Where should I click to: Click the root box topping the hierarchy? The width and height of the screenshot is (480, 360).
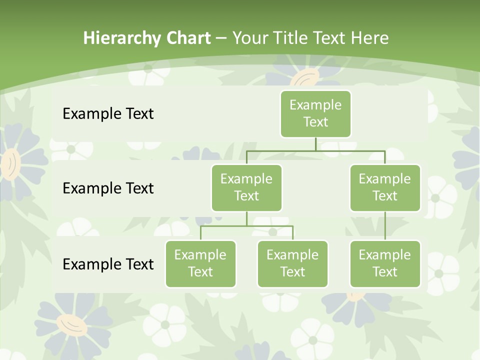(315, 113)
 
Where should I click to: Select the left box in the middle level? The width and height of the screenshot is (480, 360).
(246, 187)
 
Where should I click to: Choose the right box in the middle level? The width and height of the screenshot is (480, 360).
(385, 187)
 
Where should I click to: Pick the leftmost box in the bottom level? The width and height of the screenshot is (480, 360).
(200, 263)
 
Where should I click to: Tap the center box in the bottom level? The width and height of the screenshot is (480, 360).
(292, 263)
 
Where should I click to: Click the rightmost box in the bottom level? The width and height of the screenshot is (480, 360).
(385, 263)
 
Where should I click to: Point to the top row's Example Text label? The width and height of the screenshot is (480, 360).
(108, 113)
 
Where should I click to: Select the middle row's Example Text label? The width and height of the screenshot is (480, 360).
(108, 188)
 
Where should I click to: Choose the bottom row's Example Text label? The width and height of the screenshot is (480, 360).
(108, 264)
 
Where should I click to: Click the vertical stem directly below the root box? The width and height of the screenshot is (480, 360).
(315, 144)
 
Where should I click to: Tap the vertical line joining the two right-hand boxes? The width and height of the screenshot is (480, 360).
(385, 225)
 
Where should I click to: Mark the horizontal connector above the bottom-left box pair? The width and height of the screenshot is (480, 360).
(246, 226)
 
